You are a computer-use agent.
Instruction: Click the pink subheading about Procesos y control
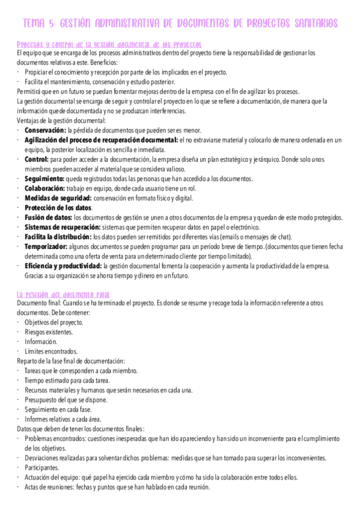(x=109, y=45)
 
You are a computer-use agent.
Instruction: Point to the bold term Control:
(x=37, y=159)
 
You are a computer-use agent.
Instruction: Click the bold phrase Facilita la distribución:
(x=58, y=236)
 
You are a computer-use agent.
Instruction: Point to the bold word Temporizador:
(x=47, y=246)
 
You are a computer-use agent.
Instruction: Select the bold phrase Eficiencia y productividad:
(x=63, y=265)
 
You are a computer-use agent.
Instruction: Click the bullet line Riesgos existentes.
(x=49, y=332)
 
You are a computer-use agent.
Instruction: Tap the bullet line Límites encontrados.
(x=51, y=351)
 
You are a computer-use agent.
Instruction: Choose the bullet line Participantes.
(x=41, y=467)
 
